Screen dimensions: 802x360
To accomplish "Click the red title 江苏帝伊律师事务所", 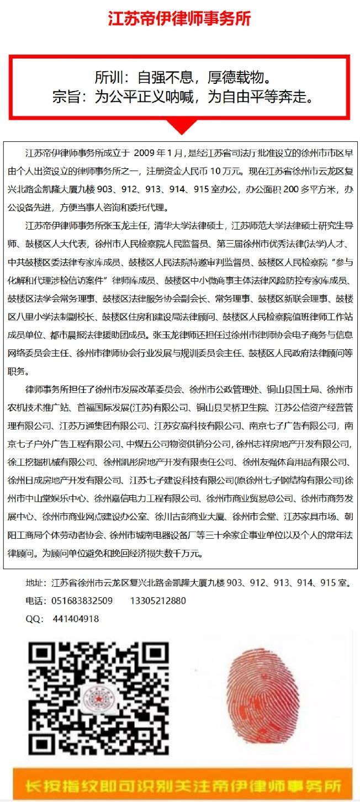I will point(179,19).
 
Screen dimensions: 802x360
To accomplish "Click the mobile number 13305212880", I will point(158,601).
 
